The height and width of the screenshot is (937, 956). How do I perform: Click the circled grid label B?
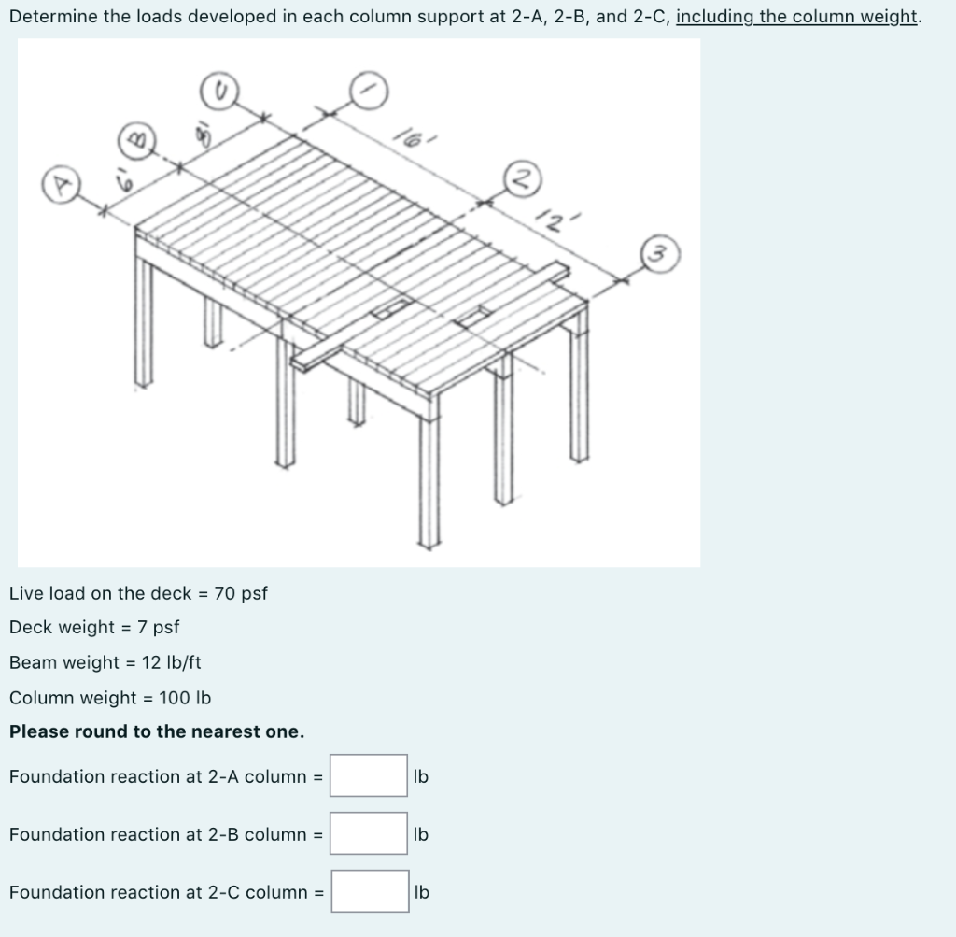pos(134,141)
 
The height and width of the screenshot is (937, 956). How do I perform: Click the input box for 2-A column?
pos(369,775)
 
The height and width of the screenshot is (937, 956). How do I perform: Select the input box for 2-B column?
pos(369,833)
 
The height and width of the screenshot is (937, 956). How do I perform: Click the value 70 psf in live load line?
pos(241,593)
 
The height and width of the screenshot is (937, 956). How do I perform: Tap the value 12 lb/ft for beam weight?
pos(171,662)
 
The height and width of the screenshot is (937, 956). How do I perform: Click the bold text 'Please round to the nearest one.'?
pos(157,731)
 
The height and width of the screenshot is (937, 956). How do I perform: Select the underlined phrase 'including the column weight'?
pos(796,17)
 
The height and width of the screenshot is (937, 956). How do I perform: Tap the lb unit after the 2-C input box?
pos(421,891)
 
